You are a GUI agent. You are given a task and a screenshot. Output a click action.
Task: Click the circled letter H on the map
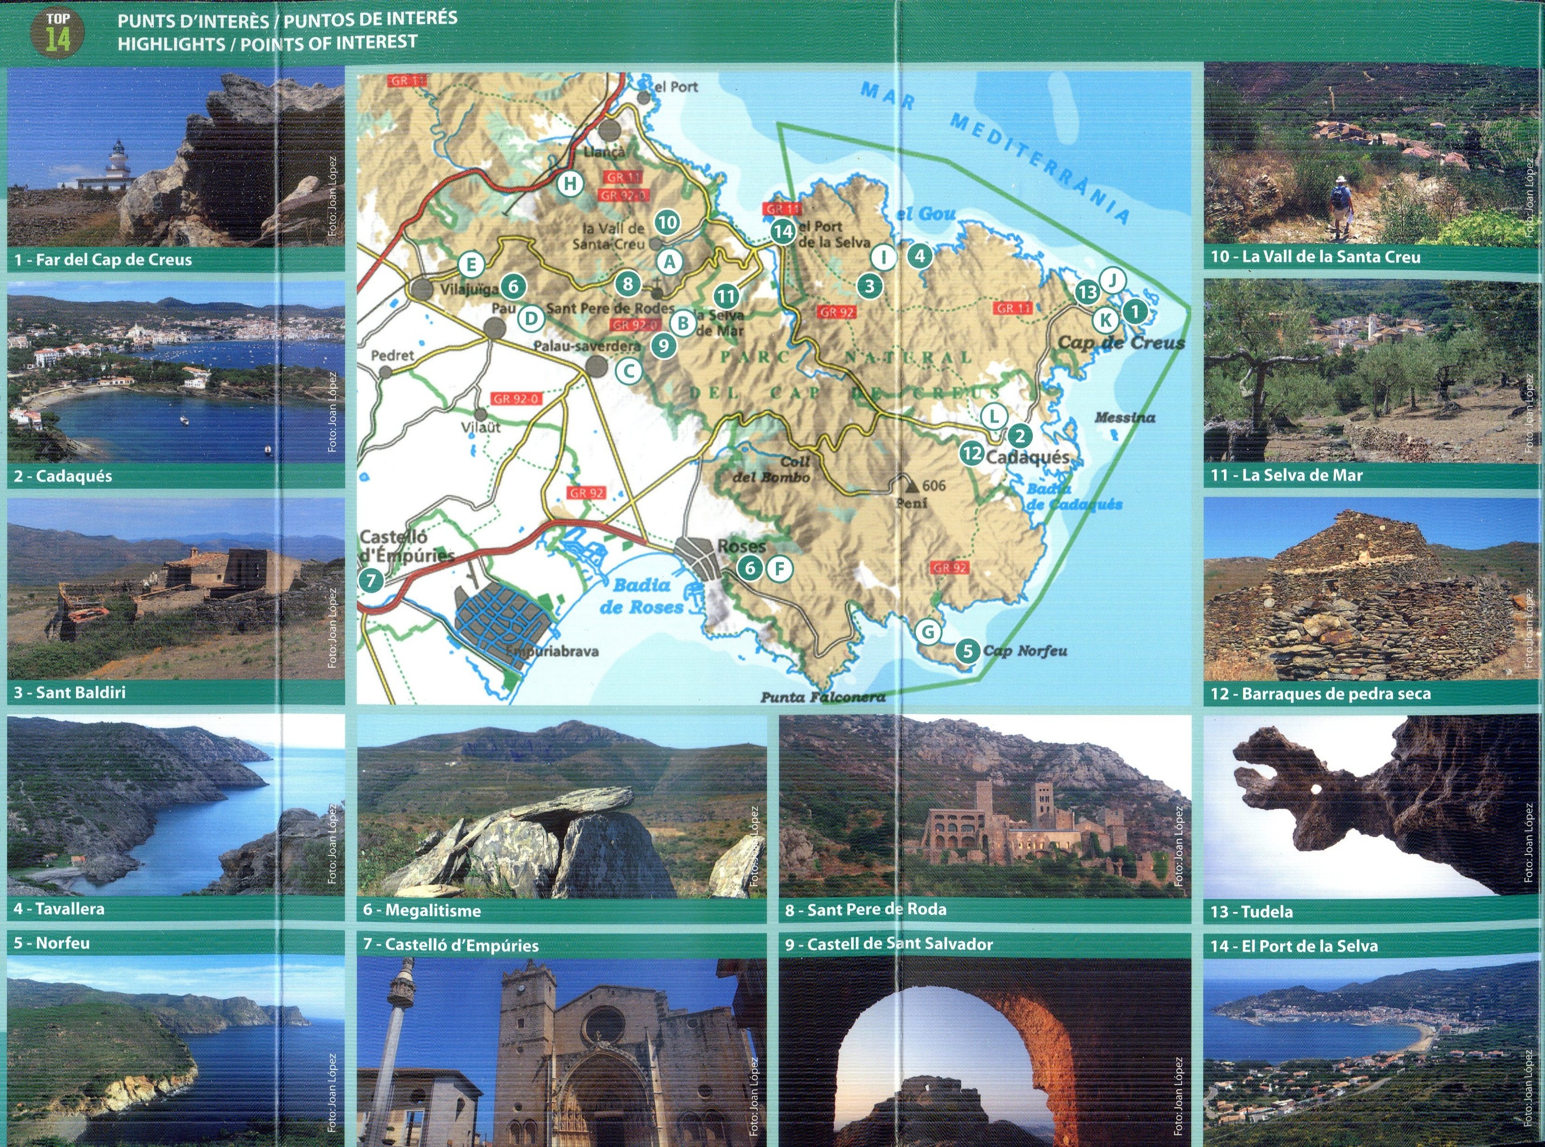(x=570, y=184)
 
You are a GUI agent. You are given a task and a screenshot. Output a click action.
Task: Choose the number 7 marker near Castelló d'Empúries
(x=371, y=580)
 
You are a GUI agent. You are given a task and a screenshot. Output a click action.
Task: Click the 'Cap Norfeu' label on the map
(x=1025, y=651)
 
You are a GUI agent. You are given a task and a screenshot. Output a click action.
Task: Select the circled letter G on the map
(x=928, y=632)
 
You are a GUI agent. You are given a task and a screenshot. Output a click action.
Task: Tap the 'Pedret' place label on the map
(x=392, y=356)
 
